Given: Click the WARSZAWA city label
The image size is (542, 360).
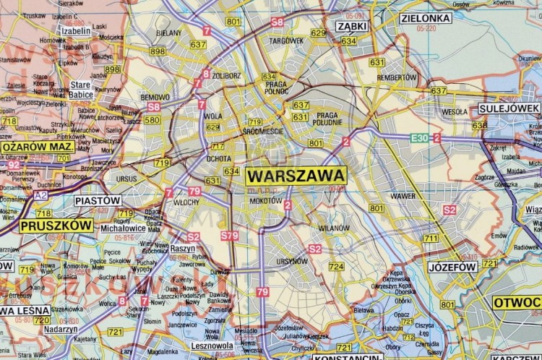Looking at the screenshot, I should [x=296, y=176].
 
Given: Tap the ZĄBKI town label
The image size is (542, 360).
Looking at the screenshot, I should [x=351, y=26].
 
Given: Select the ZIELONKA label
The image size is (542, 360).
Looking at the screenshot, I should [x=426, y=18].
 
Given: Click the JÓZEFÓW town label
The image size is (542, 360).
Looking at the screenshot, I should [x=452, y=267].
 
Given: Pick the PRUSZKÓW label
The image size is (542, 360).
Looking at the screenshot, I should [x=57, y=226].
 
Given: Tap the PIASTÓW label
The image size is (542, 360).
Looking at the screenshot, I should [x=98, y=200].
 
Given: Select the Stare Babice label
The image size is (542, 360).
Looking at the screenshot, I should [x=81, y=90].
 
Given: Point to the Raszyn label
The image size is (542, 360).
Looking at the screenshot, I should [x=183, y=247].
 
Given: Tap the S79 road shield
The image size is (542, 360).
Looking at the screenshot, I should [x=229, y=236].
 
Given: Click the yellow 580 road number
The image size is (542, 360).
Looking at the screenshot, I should [x=152, y=120].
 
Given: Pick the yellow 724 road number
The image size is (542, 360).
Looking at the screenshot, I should [x=337, y=267].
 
